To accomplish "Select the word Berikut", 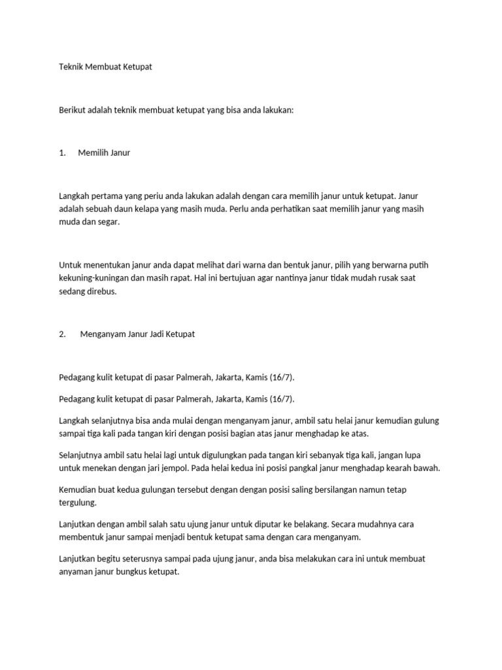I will [73, 111].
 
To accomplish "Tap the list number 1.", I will [61, 153].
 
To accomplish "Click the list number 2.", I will [62, 334].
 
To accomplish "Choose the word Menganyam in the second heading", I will [101, 334].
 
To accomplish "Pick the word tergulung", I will [77, 502].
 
